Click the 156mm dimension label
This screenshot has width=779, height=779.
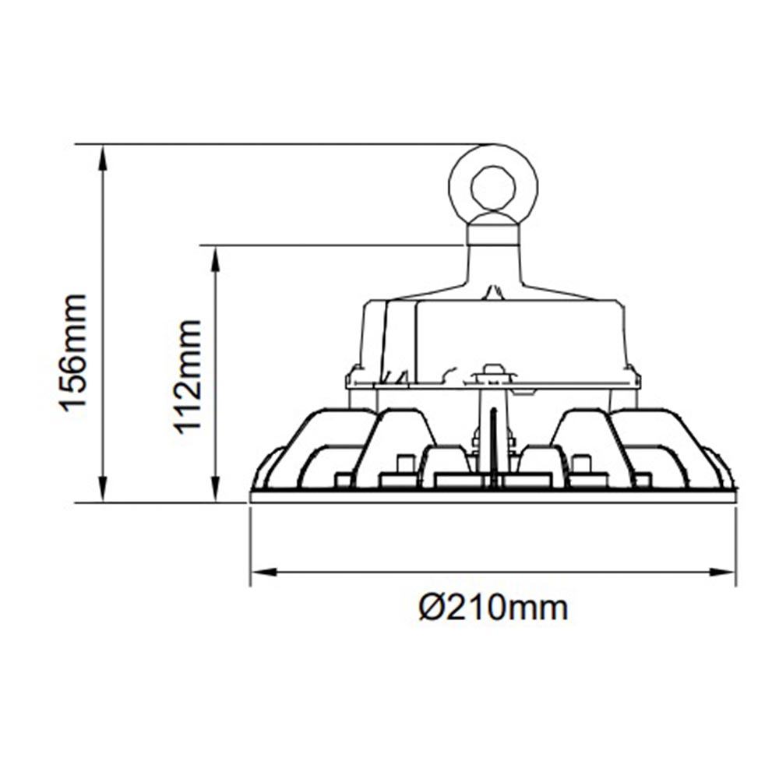tap(73, 351)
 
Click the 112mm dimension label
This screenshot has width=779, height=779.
tap(188, 375)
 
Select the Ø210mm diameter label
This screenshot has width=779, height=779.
tap(493, 607)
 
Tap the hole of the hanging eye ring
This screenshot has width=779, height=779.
tap(493, 188)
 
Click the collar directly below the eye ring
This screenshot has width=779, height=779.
tap(492, 234)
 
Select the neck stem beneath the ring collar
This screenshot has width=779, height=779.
tap(492, 269)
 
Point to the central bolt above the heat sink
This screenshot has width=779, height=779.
tap(492, 373)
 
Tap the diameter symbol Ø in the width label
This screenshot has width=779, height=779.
tap(431, 607)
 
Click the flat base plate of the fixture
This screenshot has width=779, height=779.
tap(493, 496)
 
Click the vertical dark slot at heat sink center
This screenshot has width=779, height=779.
tap(493, 444)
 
